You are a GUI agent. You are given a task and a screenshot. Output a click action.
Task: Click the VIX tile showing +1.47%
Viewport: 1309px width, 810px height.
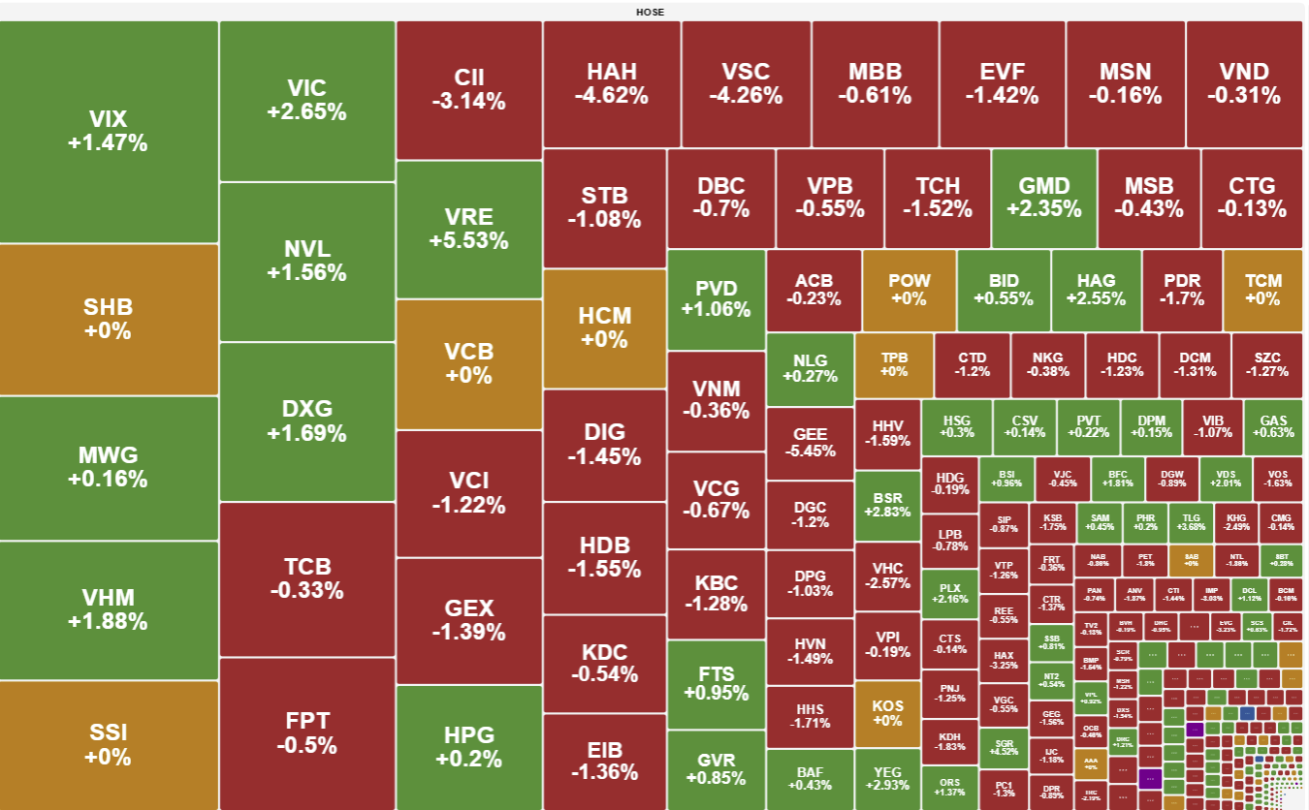(108, 131)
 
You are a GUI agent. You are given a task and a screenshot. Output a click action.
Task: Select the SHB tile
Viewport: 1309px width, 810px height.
(108, 319)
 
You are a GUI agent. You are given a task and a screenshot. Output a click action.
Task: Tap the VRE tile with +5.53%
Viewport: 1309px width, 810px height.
(468, 230)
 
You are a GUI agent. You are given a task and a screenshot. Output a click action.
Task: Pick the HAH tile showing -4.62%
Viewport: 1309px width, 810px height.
(611, 83)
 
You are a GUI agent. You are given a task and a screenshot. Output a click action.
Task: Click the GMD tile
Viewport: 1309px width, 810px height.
(1043, 197)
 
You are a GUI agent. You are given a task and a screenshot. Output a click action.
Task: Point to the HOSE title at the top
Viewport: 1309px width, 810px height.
(650, 12)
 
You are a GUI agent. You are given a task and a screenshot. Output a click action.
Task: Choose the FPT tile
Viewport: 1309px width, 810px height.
(306, 732)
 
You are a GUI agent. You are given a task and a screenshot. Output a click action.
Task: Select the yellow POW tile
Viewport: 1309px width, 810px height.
(909, 289)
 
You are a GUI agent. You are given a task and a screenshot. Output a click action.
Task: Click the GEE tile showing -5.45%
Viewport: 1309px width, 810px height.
(810, 443)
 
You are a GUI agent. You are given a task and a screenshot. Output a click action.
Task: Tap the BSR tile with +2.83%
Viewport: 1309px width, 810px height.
(887, 505)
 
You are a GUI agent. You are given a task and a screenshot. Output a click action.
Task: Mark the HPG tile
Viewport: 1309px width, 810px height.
(468, 746)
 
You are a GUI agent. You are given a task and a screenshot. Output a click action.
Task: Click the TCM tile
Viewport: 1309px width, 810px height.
(1262, 289)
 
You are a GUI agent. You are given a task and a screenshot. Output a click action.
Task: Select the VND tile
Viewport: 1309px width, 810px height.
(1243, 83)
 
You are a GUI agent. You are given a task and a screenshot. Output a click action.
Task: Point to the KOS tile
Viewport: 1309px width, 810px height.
(887, 712)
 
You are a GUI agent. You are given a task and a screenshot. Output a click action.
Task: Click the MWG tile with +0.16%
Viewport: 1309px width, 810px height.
(108, 467)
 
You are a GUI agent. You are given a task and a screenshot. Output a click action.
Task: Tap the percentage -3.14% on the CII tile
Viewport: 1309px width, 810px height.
(468, 101)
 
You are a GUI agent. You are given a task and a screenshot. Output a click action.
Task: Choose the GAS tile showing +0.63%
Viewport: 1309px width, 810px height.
(1273, 426)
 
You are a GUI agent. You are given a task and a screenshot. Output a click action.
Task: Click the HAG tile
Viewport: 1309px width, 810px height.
(1096, 289)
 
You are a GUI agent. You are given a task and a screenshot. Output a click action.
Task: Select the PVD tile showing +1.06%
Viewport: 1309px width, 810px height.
(716, 298)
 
